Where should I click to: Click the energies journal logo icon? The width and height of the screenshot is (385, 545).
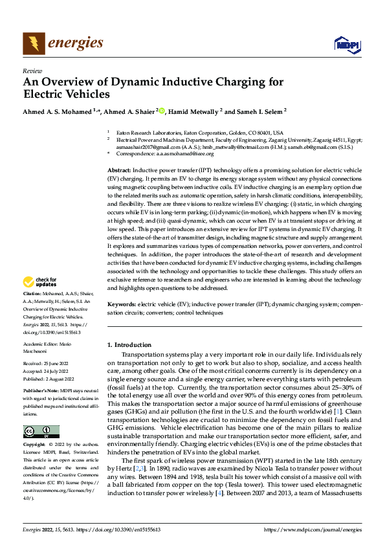click(32, 43)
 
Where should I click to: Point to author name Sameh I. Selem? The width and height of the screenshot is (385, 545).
click(261, 111)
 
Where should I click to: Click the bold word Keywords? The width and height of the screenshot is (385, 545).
click(122, 305)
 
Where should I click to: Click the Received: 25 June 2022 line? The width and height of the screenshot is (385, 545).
click(47, 364)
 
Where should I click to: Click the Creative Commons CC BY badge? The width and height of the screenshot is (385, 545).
click(40, 432)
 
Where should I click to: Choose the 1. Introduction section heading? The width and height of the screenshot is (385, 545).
click(129, 345)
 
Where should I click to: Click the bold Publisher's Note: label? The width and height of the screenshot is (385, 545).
click(41, 392)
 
